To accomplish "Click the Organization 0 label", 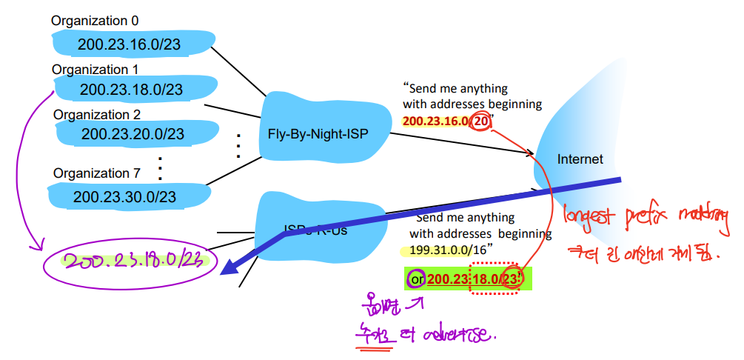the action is point(95,21).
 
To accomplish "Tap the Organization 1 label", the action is point(95,69).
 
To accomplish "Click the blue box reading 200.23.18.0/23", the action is point(131,90).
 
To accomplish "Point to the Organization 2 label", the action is point(97,115).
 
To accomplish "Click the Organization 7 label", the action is point(96,173).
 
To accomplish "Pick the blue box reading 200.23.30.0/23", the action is point(124,196).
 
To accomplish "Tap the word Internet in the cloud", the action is point(580,159).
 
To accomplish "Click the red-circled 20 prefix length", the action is point(482,121).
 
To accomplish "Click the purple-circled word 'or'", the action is point(416,279).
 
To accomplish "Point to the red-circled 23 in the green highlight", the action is point(512,279).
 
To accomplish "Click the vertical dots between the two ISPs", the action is point(238,146).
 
